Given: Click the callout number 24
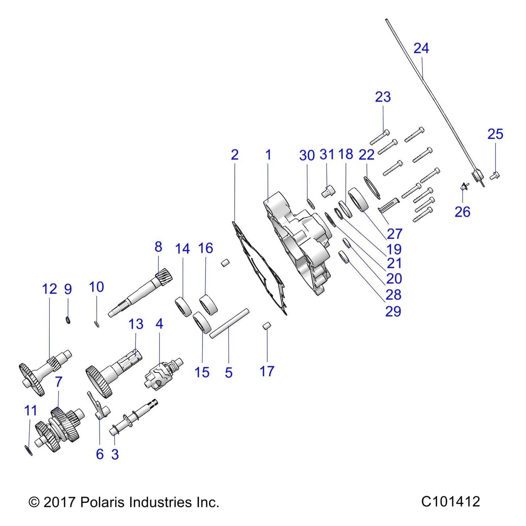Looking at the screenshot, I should click(x=421, y=48).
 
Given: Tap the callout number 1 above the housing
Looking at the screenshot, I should click(x=268, y=155).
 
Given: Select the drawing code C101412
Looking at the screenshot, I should click(x=450, y=502).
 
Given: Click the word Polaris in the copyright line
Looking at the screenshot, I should click(x=102, y=502).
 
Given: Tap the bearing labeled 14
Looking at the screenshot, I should click(x=183, y=307).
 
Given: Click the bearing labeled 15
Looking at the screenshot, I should click(x=203, y=323).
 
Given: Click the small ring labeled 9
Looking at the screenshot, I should click(x=68, y=319).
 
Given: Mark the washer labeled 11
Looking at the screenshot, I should click(x=29, y=450).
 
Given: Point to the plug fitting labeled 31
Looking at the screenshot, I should click(x=327, y=191).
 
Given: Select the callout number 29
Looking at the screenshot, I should click(x=393, y=311).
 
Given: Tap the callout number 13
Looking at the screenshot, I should click(x=136, y=324).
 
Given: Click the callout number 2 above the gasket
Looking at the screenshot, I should click(x=234, y=155).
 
